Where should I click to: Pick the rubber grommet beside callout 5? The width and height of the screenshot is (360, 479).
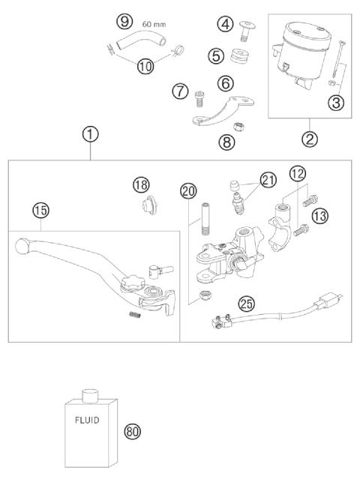(x=240, y=57)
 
